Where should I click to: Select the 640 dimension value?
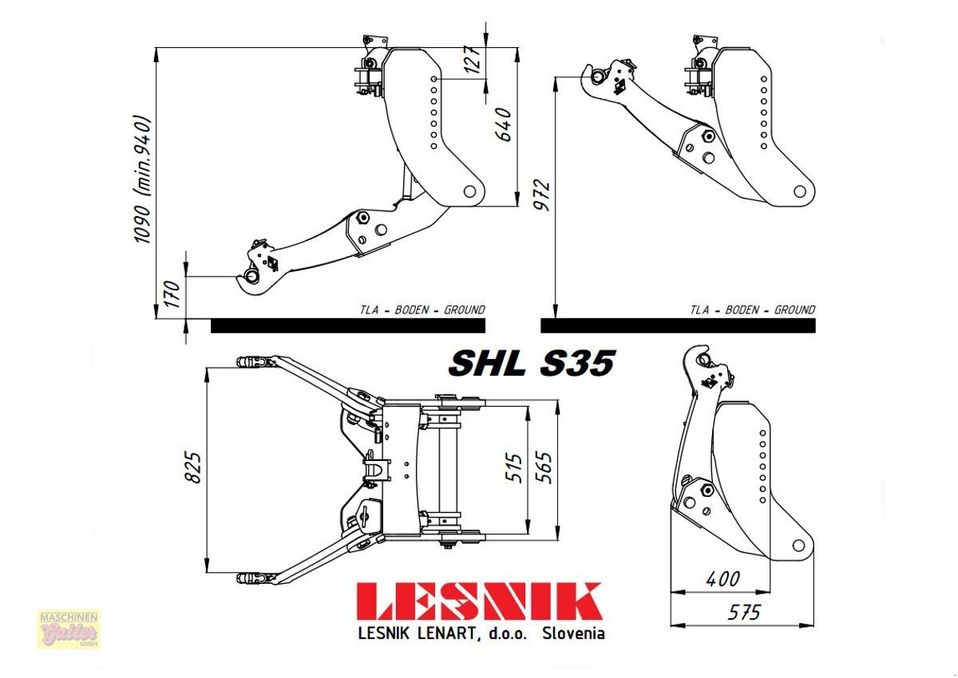(503, 124)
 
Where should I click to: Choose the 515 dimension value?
(513, 469)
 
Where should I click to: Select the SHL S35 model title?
(531, 364)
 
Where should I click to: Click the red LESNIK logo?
(479, 602)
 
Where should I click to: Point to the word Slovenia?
(572, 633)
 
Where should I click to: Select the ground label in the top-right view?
(752, 309)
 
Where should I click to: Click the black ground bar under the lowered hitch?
(348, 325)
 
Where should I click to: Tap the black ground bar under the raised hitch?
(678, 325)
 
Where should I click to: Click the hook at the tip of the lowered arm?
(250, 277)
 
